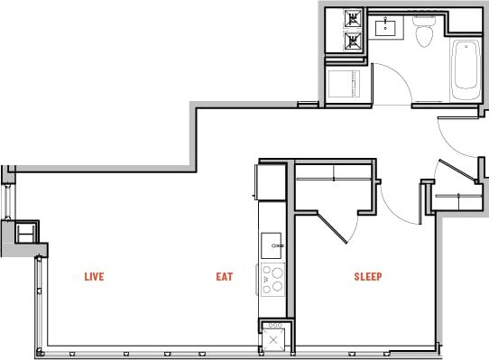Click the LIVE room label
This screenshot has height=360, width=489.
(93, 277)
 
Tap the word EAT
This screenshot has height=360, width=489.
(224, 277)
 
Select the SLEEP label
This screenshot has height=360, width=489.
(367, 277)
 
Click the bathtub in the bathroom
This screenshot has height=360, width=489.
(466, 69)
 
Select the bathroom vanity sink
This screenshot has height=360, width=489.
(392, 24)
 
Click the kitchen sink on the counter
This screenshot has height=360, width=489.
(272, 245)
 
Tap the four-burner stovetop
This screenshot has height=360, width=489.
(272, 280)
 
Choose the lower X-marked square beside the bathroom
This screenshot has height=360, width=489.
(350, 41)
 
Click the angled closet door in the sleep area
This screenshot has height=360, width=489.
(333, 226)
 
